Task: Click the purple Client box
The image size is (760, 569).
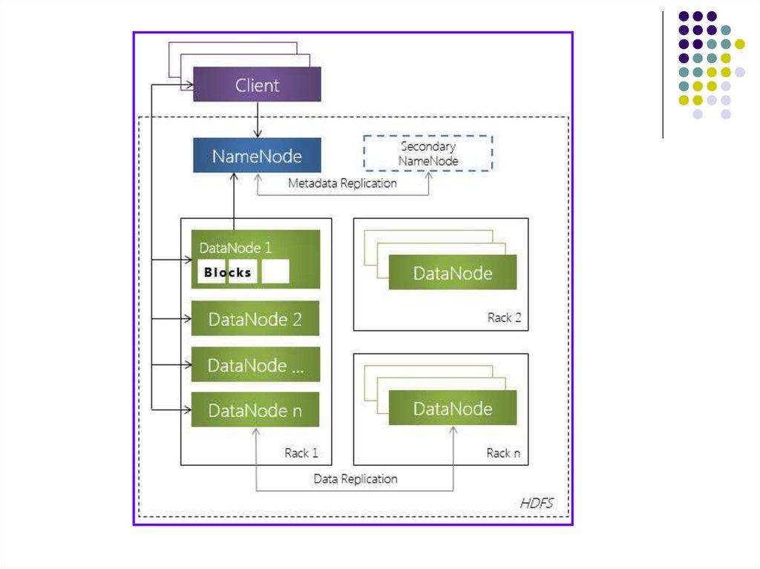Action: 257,85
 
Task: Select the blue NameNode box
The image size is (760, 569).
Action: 257,156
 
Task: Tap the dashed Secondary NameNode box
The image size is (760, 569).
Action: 428,153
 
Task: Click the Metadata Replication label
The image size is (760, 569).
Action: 342,182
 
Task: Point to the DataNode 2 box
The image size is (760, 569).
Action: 255,319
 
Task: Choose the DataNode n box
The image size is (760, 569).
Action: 255,410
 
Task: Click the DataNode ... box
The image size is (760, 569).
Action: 255,365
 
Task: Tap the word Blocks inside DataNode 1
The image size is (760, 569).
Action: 227,272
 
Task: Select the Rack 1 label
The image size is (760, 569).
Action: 301,453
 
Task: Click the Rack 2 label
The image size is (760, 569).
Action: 504,318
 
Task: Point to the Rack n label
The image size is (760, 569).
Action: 503,453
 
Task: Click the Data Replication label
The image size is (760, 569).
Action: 355,479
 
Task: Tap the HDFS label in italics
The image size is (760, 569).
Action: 536,504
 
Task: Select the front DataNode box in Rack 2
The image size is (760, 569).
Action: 452,273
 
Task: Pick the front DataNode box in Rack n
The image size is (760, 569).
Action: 452,409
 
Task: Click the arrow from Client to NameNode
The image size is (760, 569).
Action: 257,119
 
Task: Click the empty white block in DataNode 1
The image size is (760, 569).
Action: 275,272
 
